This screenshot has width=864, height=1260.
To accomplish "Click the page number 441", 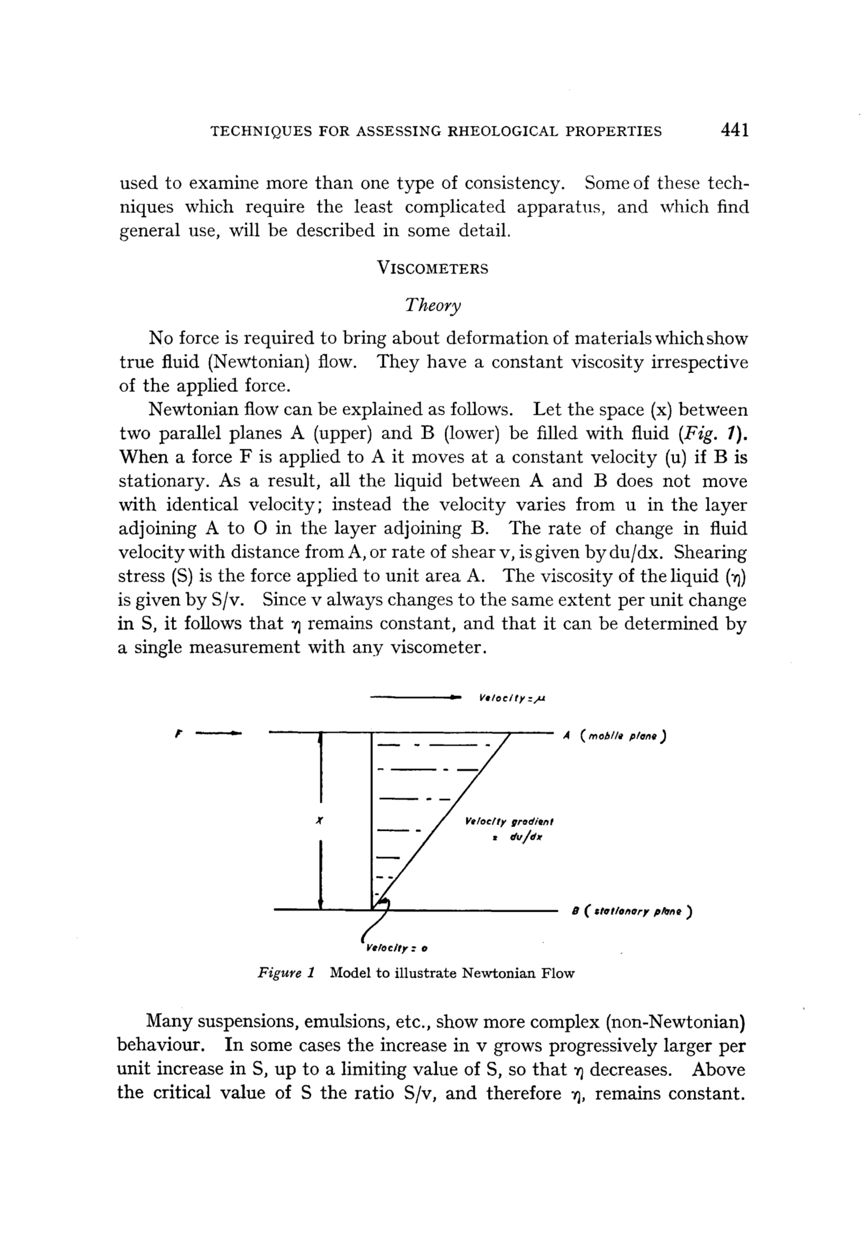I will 734,131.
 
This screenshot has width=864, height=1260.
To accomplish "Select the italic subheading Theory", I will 433,307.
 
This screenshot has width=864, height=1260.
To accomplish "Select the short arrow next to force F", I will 218,734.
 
